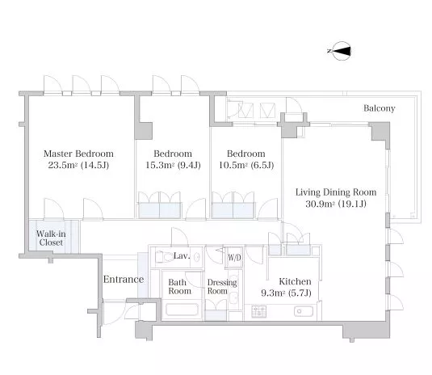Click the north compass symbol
tap(341, 51)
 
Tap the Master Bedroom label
tap(78, 154)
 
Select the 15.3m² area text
tap(160, 165)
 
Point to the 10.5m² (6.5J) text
tap(246, 165)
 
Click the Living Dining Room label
tap(336, 192)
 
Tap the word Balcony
tap(379, 108)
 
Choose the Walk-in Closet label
tap(51, 238)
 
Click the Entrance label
tap(124, 280)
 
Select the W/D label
tap(234, 258)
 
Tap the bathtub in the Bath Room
tap(182, 310)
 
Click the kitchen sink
tap(304, 311)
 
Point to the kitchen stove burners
tap(258, 312)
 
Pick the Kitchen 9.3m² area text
tap(287, 293)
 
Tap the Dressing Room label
tap(222, 286)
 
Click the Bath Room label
tap(179, 286)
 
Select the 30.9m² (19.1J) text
tap(336, 204)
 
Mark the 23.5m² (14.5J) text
tap(78, 165)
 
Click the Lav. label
tap(182, 256)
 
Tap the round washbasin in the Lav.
tap(196, 258)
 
